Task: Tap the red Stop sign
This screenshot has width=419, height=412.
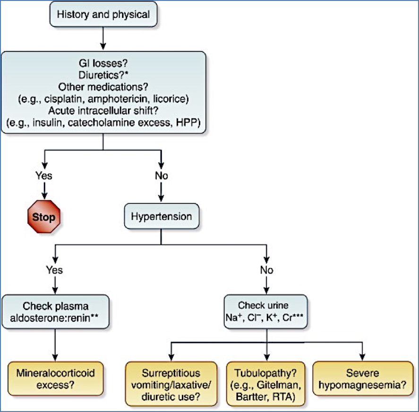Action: tap(44, 218)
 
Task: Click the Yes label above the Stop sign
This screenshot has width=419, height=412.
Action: tap(44, 176)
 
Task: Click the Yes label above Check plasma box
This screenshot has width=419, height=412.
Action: tap(55, 270)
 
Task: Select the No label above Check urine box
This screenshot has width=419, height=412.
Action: tap(267, 270)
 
